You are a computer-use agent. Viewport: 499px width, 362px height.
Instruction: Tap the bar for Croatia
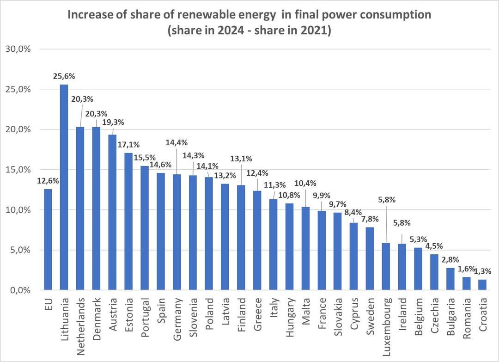point(482,285)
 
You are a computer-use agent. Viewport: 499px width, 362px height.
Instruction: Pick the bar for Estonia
point(128,221)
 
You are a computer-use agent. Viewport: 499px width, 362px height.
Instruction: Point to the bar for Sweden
point(370,258)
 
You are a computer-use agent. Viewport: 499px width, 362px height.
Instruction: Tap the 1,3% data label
point(483,271)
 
